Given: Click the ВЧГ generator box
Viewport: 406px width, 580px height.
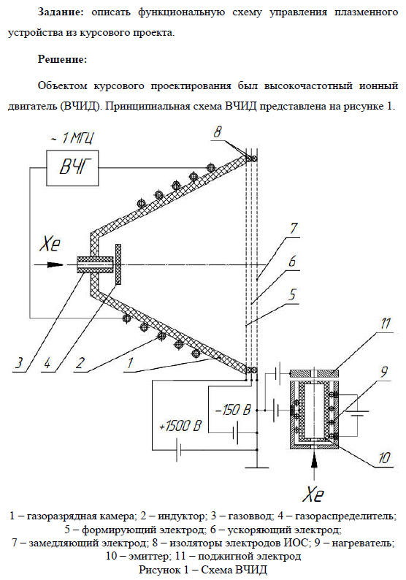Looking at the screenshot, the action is click(72, 168).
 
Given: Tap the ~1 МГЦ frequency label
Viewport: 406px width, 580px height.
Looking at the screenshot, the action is click(72, 138).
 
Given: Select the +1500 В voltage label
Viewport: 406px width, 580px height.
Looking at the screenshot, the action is click(180, 426).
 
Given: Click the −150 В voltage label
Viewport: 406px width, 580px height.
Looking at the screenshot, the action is click(234, 410).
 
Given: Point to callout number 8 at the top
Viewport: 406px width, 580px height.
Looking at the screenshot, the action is click(218, 131).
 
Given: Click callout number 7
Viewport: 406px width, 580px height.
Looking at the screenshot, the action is click(294, 228).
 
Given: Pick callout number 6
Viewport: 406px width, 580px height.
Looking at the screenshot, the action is click(292, 262).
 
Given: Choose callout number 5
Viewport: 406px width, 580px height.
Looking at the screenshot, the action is click(293, 295).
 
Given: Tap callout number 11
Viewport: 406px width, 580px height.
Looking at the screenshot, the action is click(385, 324).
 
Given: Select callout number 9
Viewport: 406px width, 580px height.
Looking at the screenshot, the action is click(384, 372).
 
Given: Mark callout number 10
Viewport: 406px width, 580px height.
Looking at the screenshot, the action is click(384, 458).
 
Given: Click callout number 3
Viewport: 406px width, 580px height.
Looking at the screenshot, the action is click(18, 362).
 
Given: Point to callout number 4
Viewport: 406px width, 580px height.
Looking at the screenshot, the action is click(47, 363).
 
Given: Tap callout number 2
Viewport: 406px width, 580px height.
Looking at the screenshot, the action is click(80, 363).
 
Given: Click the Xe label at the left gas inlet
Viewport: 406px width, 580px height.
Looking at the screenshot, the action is click(50, 245).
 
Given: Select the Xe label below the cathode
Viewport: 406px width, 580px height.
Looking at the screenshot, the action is click(313, 494).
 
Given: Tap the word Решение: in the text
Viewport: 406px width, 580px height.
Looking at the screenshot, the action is click(63, 59).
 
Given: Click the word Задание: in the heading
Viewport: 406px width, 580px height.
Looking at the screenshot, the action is click(61, 12).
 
